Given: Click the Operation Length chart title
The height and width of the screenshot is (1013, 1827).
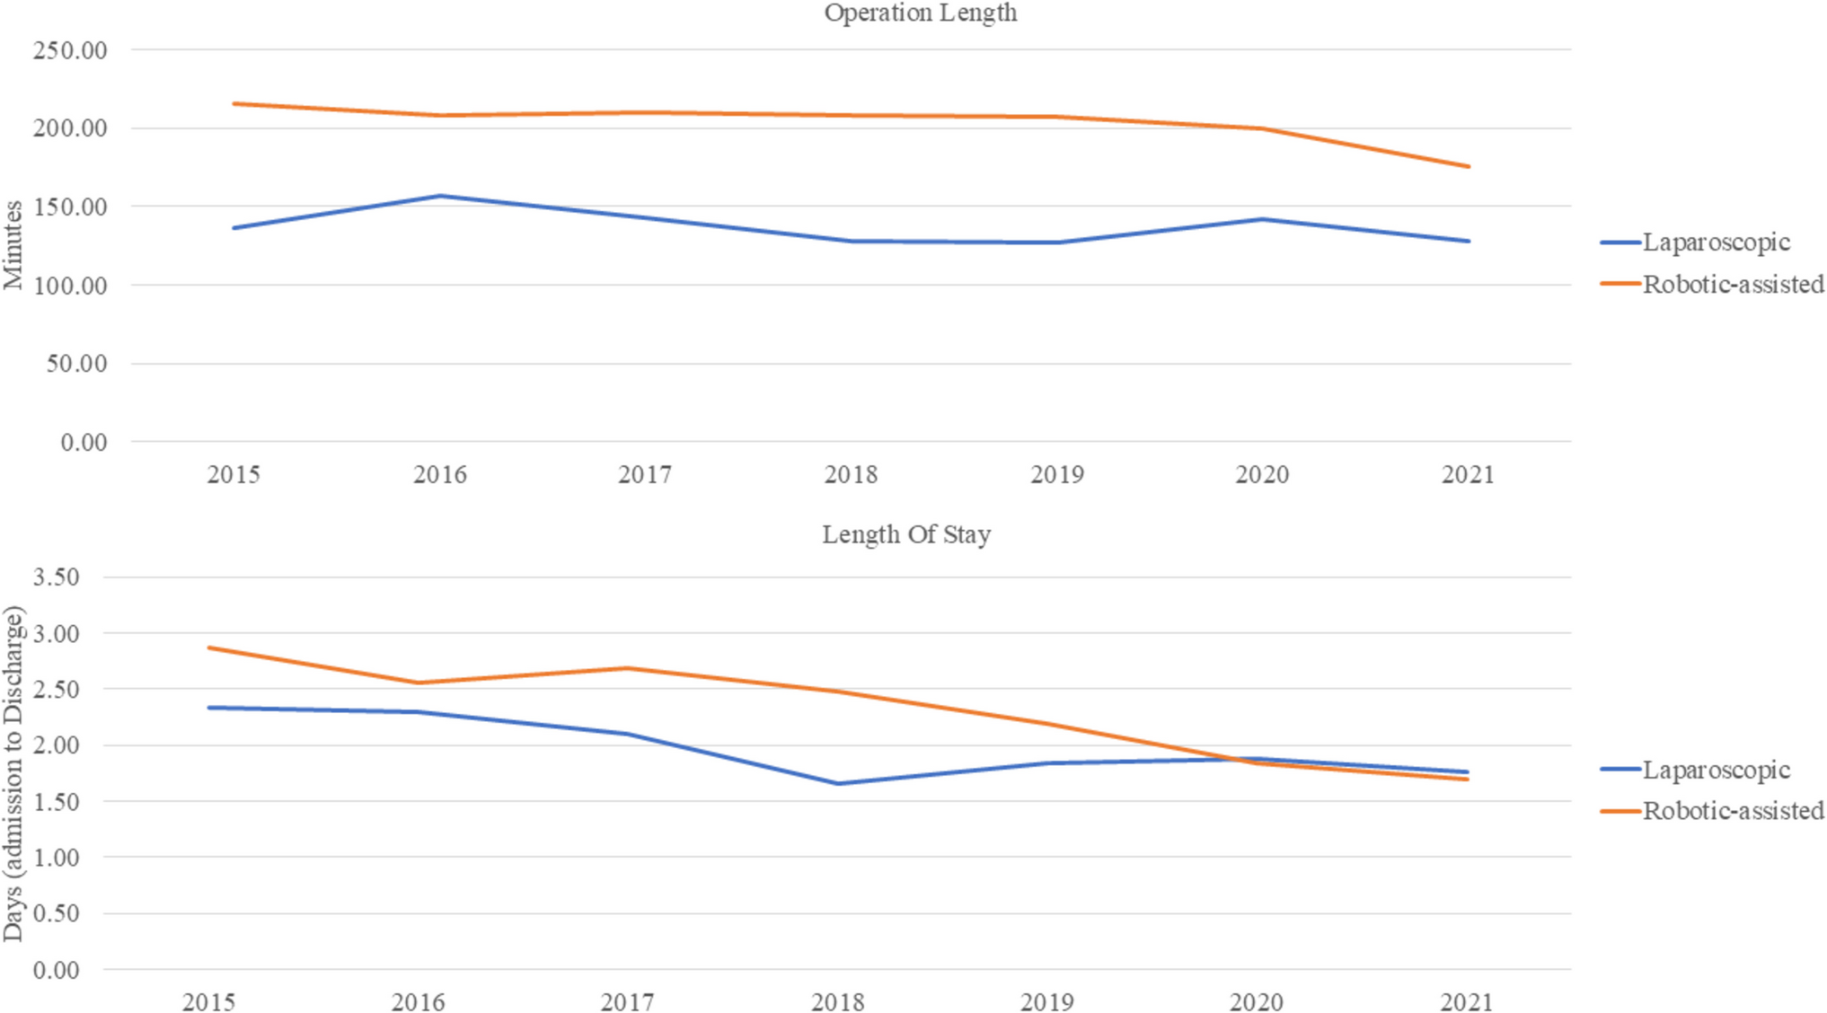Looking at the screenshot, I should pyautogui.click(x=920, y=13).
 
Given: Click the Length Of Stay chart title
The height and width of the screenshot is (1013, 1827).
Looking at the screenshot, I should pyautogui.click(x=905, y=534).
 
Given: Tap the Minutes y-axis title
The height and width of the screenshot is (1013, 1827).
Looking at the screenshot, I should pyautogui.click(x=13, y=245).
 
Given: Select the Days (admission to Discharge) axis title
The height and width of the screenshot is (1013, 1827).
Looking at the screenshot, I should pyautogui.click(x=13, y=773).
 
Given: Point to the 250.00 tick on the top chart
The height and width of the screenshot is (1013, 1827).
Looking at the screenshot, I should pyautogui.click(x=70, y=50).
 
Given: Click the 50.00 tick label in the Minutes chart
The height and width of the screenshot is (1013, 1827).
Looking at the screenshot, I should pyautogui.click(x=76, y=364).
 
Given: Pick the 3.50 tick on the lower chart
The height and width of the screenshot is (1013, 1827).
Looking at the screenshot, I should pyautogui.click(x=56, y=577).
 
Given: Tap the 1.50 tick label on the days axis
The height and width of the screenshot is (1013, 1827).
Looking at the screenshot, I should pyautogui.click(x=56, y=801).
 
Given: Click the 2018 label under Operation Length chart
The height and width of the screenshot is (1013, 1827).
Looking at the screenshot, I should pyautogui.click(x=850, y=474).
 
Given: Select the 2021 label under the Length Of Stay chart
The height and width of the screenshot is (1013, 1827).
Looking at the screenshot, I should pyautogui.click(x=1466, y=1001).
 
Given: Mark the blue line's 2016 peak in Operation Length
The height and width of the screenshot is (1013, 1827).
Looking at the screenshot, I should pyautogui.click(x=440, y=196).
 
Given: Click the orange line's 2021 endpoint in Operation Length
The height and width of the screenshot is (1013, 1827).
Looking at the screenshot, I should pyautogui.click(x=1468, y=166).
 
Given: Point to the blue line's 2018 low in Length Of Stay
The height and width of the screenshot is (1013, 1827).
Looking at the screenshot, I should pyautogui.click(x=837, y=783).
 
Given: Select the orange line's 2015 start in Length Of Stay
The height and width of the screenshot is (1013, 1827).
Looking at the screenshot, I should pyautogui.click(x=209, y=647).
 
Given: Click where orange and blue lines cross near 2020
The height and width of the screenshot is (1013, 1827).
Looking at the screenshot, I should pyautogui.click(x=1244, y=760).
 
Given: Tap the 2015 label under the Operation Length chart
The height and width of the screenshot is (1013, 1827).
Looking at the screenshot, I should pyautogui.click(x=234, y=474).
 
